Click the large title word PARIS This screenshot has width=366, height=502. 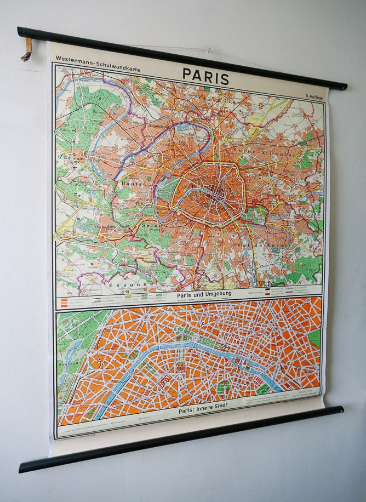pos(205,76)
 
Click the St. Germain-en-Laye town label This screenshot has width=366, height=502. pos(75,157)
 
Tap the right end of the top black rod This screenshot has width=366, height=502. pos(342,85)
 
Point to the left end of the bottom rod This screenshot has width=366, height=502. pos(24,467)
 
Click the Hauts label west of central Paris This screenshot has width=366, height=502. pos(132,184)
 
